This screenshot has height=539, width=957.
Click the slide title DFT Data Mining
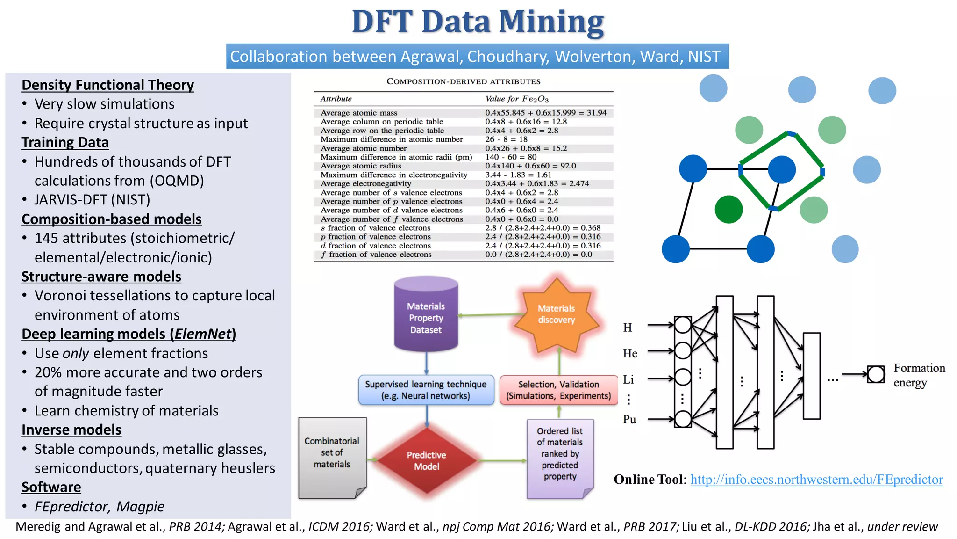(x=478, y=22)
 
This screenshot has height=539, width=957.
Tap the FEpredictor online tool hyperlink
(x=816, y=480)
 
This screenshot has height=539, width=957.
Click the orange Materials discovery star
(x=556, y=314)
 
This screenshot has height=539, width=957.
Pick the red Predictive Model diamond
(x=426, y=460)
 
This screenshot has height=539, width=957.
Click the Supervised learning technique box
(x=426, y=390)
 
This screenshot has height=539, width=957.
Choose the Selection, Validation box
(x=558, y=390)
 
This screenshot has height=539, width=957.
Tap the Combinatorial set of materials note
(x=332, y=453)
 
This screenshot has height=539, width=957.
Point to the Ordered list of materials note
(x=560, y=454)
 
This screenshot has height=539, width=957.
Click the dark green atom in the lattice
(x=728, y=209)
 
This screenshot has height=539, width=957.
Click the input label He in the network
(x=630, y=354)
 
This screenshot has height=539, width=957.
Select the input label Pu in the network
(x=629, y=420)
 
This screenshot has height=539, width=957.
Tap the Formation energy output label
(x=919, y=375)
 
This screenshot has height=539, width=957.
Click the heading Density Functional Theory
(x=107, y=85)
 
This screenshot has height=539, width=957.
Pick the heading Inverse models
(x=71, y=430)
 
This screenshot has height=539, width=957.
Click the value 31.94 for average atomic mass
(x=597, y=113)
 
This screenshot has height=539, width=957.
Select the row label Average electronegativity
(x=366, y=183)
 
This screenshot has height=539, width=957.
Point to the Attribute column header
(x=336, y=99)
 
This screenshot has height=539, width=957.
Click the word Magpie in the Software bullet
(x=140, y=507)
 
